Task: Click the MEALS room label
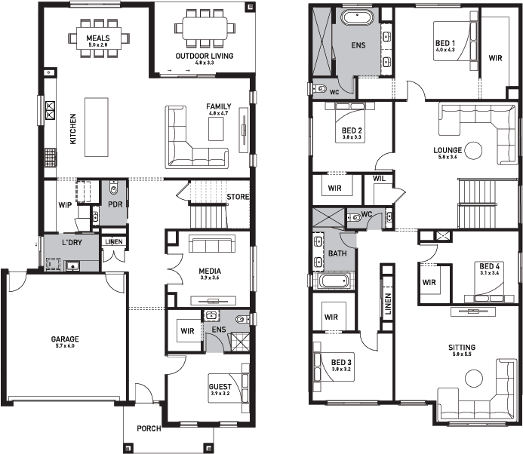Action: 98,38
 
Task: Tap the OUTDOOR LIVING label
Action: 205,56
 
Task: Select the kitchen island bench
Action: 97,127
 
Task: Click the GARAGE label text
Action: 65,339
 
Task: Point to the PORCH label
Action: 149,428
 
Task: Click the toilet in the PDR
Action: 114,188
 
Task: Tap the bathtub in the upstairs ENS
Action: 357,17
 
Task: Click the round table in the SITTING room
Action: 474,379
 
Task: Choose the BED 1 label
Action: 445,43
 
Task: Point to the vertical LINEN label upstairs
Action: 388,304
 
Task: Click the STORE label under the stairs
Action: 238,197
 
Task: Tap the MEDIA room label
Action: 210,271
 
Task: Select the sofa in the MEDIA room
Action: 212,244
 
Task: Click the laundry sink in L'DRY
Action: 72,265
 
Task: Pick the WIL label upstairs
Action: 379,178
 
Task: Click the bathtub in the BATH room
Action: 334,281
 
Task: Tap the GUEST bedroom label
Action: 220,387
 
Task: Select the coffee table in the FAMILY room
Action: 216,129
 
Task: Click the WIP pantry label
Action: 65,205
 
